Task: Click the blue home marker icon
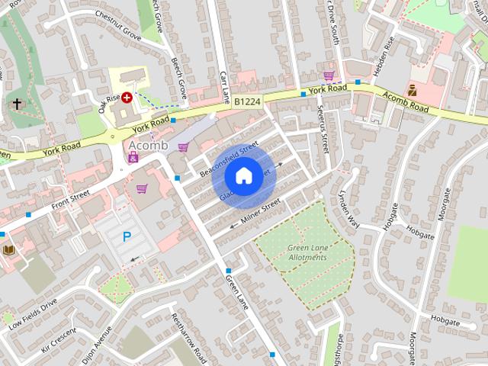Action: (x=242, y=176)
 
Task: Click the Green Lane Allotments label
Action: (x=307, y=252)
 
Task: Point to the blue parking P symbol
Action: (x=127, y=237)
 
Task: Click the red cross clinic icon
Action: (x=127, y=97)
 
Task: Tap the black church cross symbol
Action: (x=17, y=104)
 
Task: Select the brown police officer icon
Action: (x=413, y=90)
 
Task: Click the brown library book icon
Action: (x=9, y=250)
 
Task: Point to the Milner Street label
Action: (x=261, y=211)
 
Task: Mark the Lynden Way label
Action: (x=348, y=207)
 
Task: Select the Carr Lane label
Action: (x=224, y=87)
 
